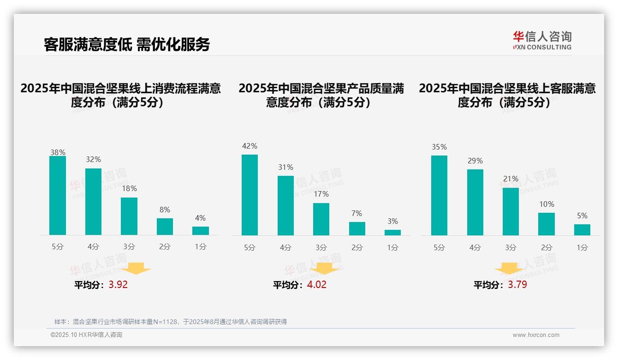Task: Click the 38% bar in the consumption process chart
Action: [x=58, y=195]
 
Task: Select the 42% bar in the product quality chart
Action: [x=250, y=195]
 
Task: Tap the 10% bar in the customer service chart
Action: [x=547, y=224]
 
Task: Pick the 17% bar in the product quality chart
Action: [x=321, y=219]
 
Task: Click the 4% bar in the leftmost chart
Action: [x=201, y=230]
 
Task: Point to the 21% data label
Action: [x=511, y=179]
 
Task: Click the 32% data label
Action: [x=93, y=159]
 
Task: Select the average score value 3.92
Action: [x=118, y=284]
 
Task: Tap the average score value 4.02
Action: [x=317, y=284]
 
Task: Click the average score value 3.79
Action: [x=517, y=284]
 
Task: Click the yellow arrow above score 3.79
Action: [x=509, y=269]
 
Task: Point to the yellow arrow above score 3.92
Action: [x=136, y=268]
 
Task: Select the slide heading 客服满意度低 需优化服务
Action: [x=127, y=44]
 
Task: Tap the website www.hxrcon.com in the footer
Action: [x=536, y=335]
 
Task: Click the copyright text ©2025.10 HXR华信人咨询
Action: [x=87, y=335]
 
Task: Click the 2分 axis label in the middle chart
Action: [x=357, y=247]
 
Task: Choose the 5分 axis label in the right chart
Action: [x=439, y=247]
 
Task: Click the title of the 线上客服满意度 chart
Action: [x=507, y=95]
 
